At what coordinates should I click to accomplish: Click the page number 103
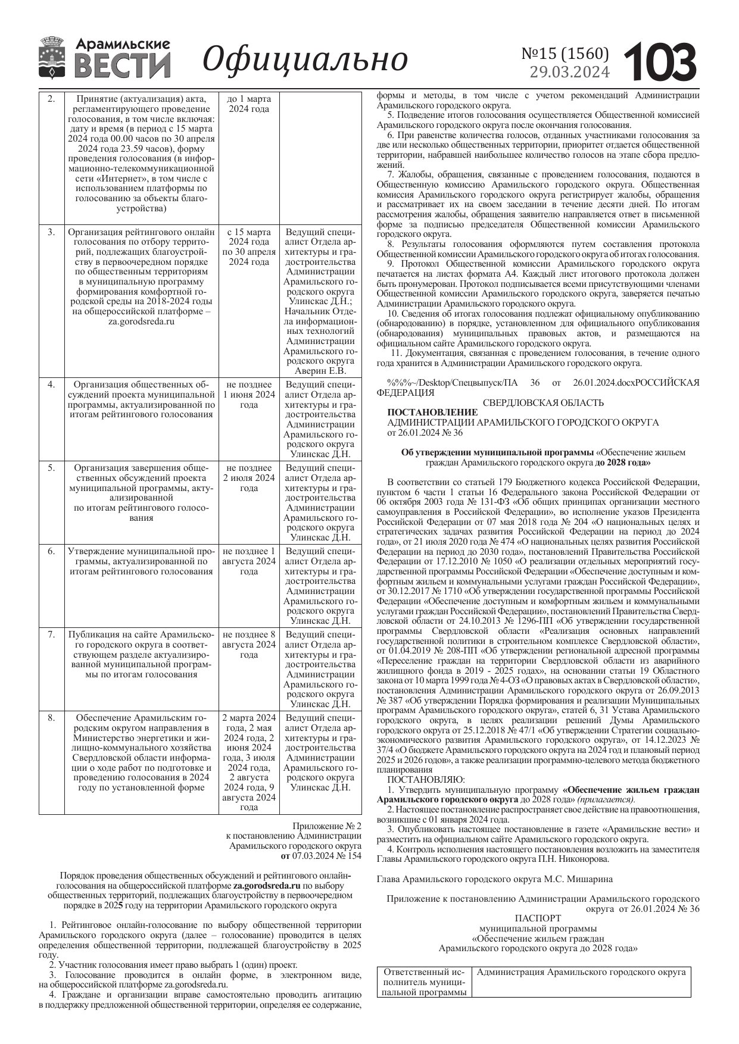pos(660,62)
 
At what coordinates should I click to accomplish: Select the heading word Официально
pos(305,59)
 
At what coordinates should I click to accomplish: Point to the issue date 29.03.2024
pos(569,72)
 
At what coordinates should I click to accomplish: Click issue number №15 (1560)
pos(565,54)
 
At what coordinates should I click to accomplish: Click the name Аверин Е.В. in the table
pos(320,371)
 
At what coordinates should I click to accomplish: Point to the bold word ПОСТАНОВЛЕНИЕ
pos(432,412)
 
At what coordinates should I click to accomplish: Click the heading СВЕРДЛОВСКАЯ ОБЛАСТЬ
pos(542,403)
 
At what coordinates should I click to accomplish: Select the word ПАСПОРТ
pos(537,918)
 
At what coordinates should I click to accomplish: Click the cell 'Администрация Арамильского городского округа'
pos(581,972)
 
